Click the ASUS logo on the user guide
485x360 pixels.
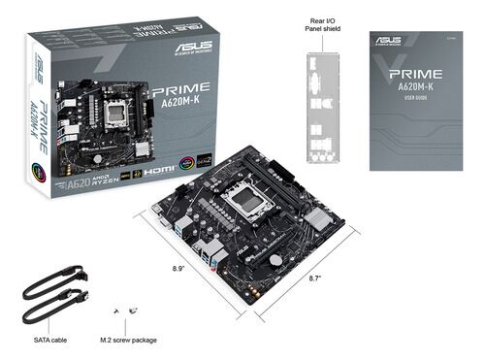389,41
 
